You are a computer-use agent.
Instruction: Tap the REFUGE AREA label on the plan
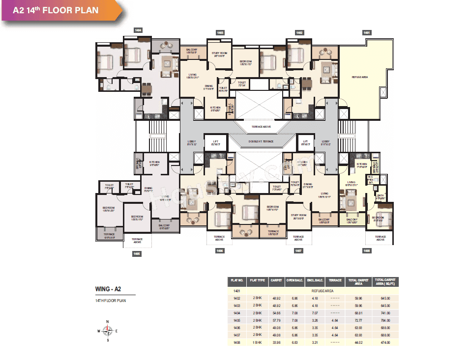(x=360, y=77)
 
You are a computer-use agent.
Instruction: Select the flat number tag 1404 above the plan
(x=138, y=30)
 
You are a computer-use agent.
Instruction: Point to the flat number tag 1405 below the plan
(x=137, y=254)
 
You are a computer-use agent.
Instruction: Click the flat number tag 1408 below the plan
(x=367, y=250)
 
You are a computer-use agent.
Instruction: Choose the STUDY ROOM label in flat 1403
(x=219, y=54)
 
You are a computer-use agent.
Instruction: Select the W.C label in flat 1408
(x=370, y=178)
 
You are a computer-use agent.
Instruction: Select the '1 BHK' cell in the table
(x=257, y=342)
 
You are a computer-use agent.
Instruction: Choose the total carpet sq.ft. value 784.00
(x=385, y=320)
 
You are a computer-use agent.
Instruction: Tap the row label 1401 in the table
(x=237, y=291)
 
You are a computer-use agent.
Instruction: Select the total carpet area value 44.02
(x=358, y=342)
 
